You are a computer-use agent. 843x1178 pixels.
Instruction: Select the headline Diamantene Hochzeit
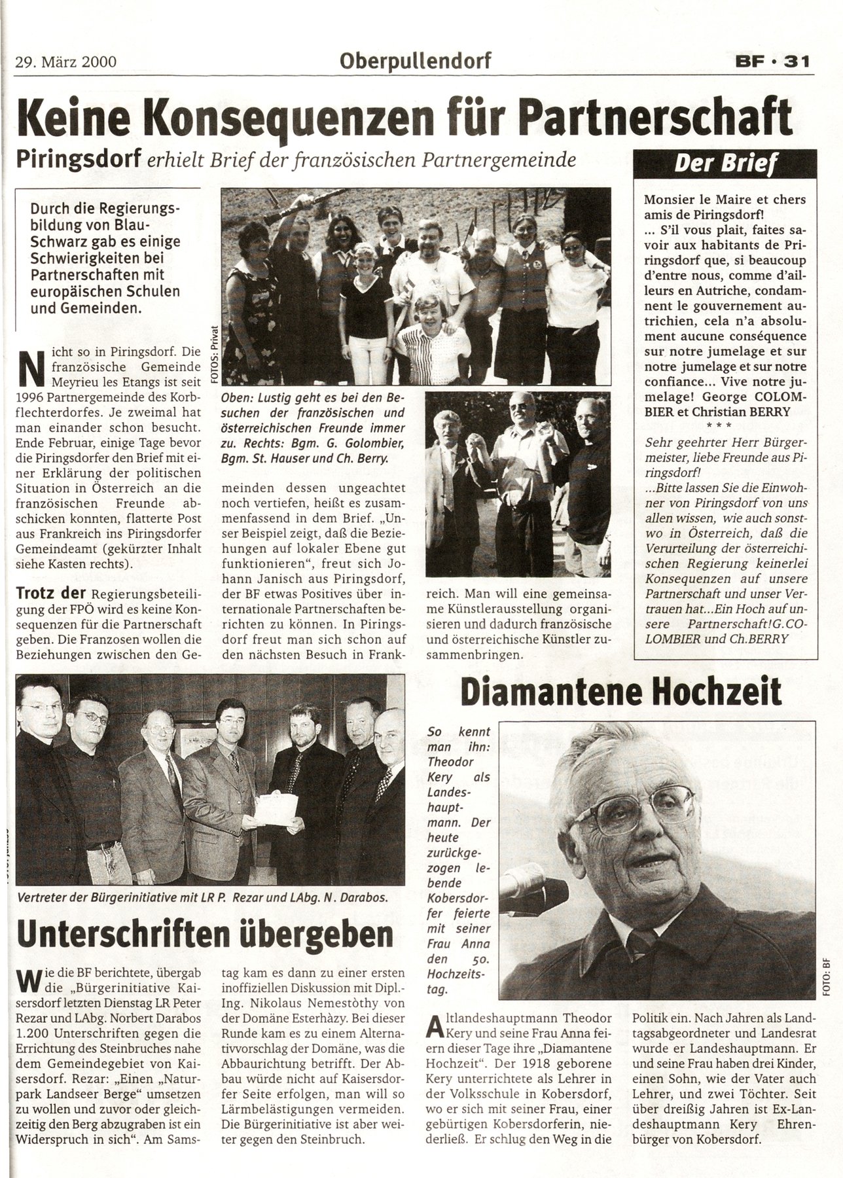coord(621,692)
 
